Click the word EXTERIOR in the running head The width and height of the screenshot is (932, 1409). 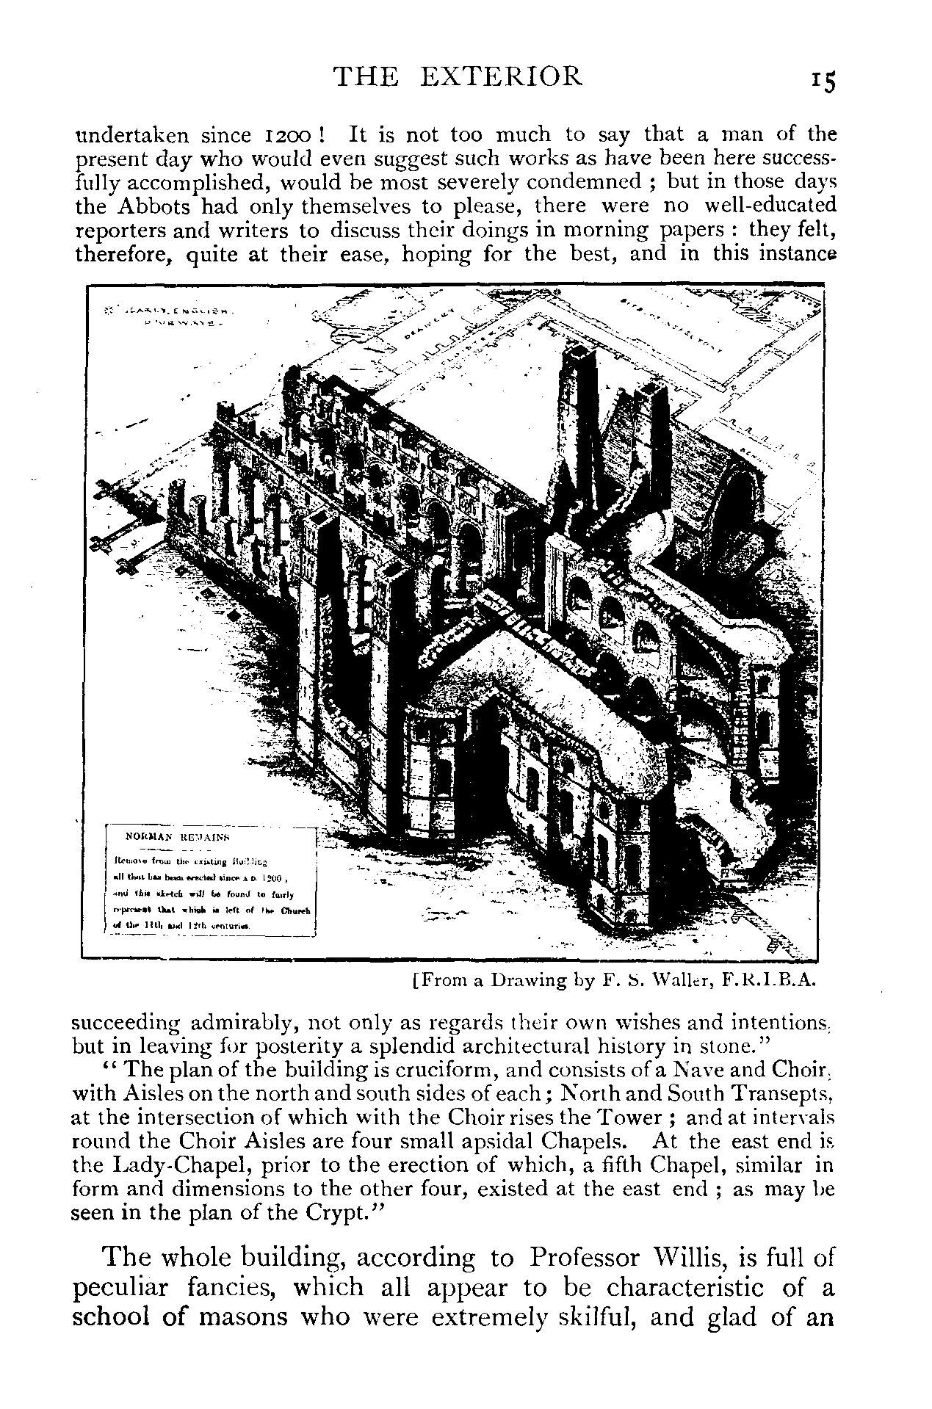[513, 76]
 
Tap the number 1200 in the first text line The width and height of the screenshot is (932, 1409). [288, 136]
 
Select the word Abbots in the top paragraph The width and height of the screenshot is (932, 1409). [162, 206]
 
